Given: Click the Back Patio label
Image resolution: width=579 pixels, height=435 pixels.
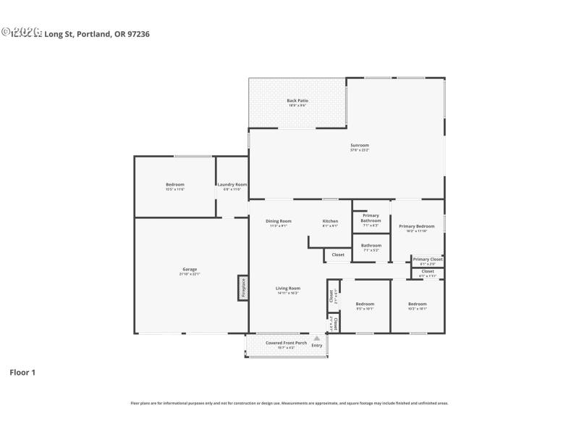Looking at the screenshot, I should (x=297, y=101).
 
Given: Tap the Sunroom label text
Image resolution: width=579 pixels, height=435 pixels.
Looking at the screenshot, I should (x=360, y=145).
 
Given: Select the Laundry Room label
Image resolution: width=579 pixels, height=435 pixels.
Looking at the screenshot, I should (x=232, y=185).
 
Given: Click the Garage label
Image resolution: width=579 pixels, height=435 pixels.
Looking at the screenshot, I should (x=189, y=269).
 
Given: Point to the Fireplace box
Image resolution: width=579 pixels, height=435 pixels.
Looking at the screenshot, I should (x=243, y=288).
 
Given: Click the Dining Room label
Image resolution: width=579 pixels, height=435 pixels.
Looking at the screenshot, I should (x=278, y=221).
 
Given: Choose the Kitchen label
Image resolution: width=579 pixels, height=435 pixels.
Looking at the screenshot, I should (x=330, y=221).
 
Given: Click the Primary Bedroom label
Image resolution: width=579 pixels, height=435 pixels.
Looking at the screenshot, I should (x=416, y=226).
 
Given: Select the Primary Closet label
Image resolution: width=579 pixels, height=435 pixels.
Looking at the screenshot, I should (x=427, y=260).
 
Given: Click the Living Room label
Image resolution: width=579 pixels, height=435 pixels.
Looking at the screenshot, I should (x=288, y=288).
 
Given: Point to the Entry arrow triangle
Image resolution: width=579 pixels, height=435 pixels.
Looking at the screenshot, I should (x=316, y=338).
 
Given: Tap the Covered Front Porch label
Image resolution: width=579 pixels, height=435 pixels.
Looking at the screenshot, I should (x=286, y=343).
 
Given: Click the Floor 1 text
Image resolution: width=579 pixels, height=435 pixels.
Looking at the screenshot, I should (x=22, y=372).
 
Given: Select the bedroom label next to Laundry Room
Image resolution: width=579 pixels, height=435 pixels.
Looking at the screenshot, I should (x=175, y=185).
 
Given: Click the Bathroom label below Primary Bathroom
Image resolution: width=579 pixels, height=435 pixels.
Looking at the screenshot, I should (x=371, y=246).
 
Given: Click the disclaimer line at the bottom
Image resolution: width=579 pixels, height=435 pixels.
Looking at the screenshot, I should (x=289, y=403).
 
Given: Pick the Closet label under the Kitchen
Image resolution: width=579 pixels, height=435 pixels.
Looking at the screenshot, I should (x=338, y=254).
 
